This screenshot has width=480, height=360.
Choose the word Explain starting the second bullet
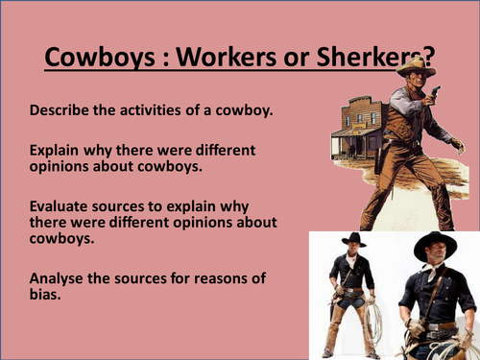[x=56, y=150]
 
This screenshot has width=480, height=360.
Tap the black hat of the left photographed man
[x=353, y=239]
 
